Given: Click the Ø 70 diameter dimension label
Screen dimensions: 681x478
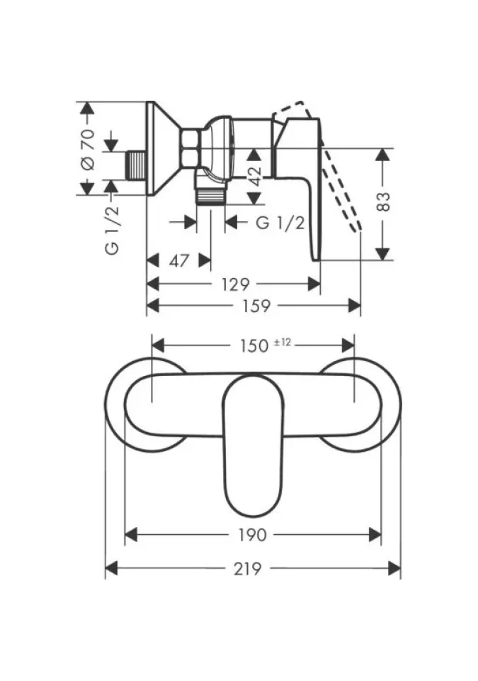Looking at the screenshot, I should point(88,149).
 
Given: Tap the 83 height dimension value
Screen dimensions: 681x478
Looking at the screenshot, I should point(383,202).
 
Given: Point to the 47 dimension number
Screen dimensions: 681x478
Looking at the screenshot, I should point(179,260).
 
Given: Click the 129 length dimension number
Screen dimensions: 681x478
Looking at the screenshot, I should point(236,284).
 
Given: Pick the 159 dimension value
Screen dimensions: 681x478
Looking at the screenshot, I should point(256,306).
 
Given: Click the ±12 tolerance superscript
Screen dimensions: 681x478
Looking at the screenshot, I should point(283,342).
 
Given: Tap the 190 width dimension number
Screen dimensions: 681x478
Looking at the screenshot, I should point(253,535).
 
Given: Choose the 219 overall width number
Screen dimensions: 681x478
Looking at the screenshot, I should point(251,568).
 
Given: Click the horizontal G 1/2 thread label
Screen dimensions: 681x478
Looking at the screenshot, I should point(280,223).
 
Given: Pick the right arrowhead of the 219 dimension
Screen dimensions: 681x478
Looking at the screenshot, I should point(397,568).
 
